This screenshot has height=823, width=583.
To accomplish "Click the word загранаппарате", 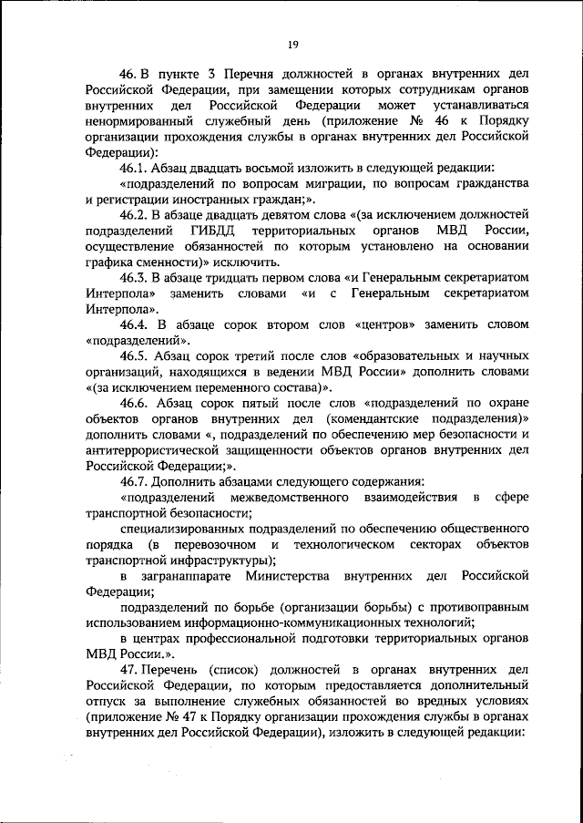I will coord(188,577).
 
